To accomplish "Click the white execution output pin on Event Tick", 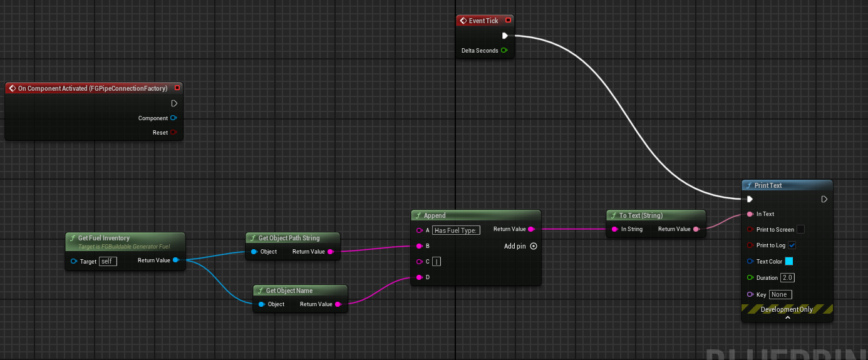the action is tap(505, 36).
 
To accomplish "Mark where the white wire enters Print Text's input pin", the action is tap(750, 199).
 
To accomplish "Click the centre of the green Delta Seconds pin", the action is tap(504, 50).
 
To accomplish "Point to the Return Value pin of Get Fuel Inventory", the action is tap(176, 260).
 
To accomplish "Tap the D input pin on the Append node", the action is tap(419, 277).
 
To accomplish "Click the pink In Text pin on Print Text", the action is tap(750, 214).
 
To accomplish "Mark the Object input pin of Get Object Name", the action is tap(262, 304).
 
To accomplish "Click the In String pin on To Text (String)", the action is tap(614, 229).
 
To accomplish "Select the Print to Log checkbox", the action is tap(792, 245).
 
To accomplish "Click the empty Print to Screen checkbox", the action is tap(800, 229).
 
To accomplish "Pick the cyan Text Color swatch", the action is tap(789, 261).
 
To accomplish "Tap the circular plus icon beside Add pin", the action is tap(534, 246).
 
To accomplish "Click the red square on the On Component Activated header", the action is tap(177, 88).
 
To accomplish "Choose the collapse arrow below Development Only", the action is tap(787, 318).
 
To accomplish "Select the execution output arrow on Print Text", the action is tap(824, 199).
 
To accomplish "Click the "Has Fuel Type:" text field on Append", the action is tap(456, 230).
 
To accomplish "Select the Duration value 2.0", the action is tap(787, 277).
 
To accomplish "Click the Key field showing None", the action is tap(780, 294).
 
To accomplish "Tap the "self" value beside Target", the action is tap(108, 261).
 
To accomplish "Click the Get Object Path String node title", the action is tap(289, 238).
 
